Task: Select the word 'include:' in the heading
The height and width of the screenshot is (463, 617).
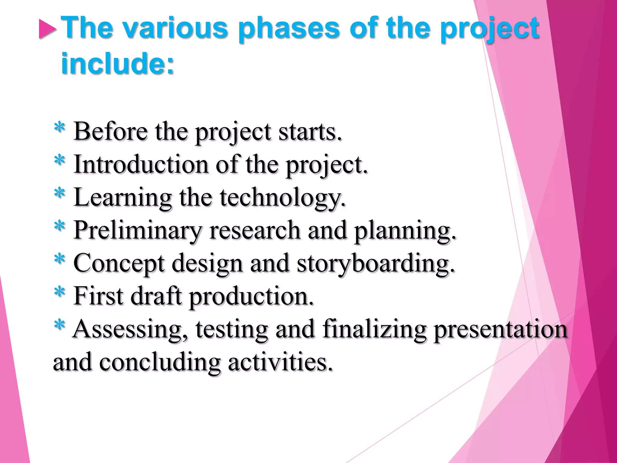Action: (x=117, y=64)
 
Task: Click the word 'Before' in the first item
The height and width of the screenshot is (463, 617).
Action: (x=110, y=131)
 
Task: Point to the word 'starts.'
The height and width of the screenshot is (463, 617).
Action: (x=310, y=132)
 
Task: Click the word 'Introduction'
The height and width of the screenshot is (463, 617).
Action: (x=141, y=165)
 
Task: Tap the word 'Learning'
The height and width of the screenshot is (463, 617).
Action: (x=122, y=198)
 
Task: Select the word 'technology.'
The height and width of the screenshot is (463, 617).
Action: (x=283, y=198)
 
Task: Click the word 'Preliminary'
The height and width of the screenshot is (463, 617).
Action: (x=137, y=231)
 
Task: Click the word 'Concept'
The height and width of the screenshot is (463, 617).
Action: (x=119, y=264)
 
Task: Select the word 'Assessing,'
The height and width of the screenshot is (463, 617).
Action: (x=130, y=329)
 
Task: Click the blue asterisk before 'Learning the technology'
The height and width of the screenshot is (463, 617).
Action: (x=60, y=193)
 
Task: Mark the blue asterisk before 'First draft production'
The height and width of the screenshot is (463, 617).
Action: (x=60, y=291)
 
